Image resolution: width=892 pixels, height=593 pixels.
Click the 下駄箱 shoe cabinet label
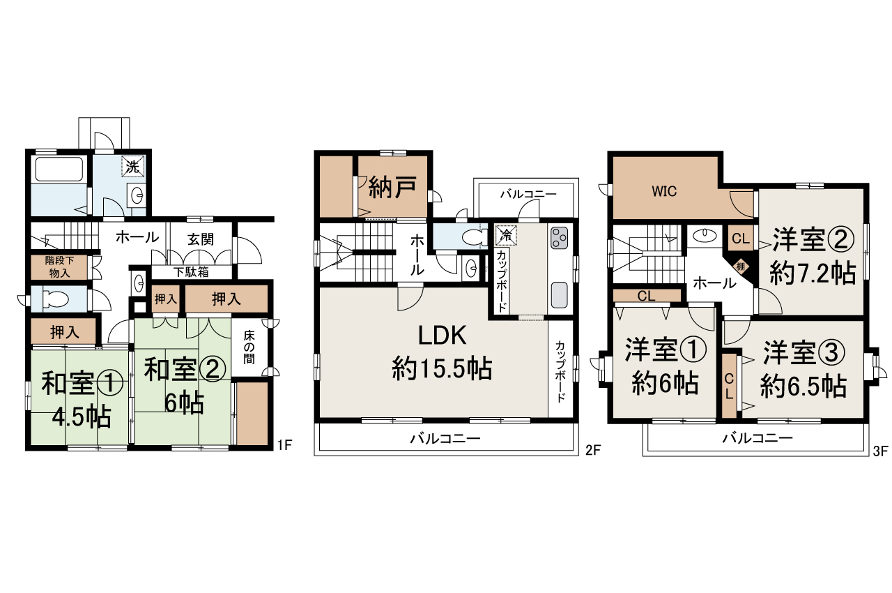pos(191,272)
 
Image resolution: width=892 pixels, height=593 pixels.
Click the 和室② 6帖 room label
pos(184,384)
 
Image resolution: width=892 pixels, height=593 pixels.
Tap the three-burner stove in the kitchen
pos(559,239)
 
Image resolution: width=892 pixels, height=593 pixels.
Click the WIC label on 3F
pos(664,192)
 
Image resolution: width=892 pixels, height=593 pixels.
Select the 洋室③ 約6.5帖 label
pos(803,368)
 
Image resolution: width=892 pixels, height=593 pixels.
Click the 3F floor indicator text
pos(879,451)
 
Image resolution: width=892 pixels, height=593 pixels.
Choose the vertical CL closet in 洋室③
pos(729,386)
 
